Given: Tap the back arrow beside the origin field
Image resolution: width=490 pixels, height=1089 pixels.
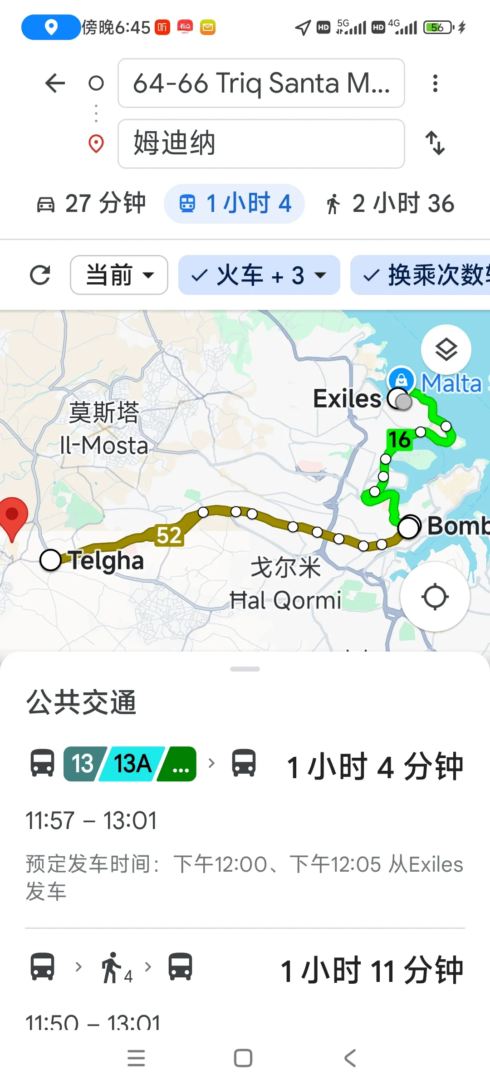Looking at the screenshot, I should pyautogui.click(x=55, y=83).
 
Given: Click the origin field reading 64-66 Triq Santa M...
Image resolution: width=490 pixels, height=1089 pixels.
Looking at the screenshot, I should pyautogui.click(x=261, y=83).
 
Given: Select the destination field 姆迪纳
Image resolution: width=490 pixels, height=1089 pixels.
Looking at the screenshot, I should pyautogui.click(x=261, y=143).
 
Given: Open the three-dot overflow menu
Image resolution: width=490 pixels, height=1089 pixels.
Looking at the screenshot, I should pyautogui.click(x=435, y=83).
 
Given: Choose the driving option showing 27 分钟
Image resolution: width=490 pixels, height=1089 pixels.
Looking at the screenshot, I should pyautogui.click(x=91, y=203).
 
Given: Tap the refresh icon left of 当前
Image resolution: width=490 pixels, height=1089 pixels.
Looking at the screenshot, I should pyautogui.click(x=40, y=275).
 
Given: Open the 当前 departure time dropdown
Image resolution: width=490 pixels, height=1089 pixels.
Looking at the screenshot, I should pyautogui.click(x=119, y=275).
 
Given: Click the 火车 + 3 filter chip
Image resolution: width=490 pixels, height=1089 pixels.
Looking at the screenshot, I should pyautogui.click(x=259, y=275).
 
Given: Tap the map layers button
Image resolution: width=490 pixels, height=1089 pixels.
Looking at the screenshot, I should pyautogui.click(x=446, y=349).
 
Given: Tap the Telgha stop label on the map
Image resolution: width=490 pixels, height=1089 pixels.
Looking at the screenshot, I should pyautogui.click(x=106, y=560).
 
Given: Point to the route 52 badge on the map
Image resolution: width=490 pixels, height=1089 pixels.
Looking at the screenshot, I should pyautogui.click(x=169, y=535).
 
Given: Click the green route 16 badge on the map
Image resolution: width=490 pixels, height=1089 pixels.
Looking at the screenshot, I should pyautogui.click(x=399, y=439).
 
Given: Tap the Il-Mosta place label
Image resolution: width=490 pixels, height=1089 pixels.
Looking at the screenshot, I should pyautogui.click(x=104, y=446).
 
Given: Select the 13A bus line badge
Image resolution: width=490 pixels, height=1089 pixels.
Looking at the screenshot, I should pyautogui.click(x=132, y=764).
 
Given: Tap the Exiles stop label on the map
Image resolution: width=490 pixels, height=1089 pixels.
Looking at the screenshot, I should pyautogui.click(x=347, y=398).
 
